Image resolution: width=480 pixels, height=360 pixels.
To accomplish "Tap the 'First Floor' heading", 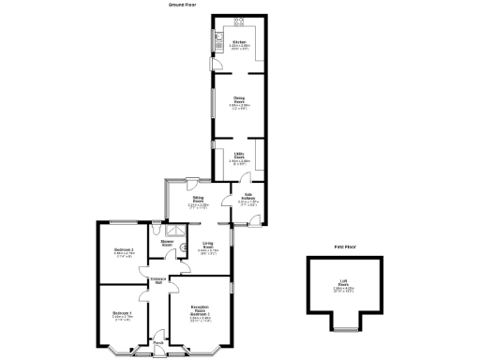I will [347, 247].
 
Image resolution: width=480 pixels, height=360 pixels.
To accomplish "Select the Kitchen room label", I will [240, 42].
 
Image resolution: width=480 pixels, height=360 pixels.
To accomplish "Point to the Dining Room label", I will [240, 99].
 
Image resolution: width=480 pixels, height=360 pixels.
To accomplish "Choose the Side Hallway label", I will [250, 196].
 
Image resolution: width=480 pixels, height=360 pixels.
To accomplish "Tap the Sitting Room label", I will [199, 200].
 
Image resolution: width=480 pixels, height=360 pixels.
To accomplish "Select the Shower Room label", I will [167, 242].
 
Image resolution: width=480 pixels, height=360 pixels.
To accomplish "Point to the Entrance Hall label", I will [157, 281].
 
